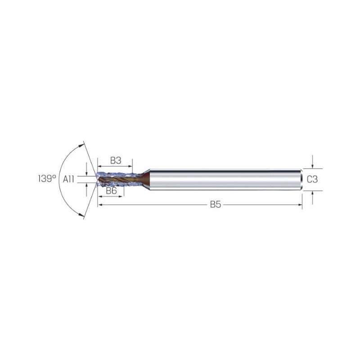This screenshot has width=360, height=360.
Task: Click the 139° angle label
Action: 47,178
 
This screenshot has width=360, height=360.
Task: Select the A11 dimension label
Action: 68,179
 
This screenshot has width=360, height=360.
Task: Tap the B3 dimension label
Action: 116,161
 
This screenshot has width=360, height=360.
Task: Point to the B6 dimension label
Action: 111,190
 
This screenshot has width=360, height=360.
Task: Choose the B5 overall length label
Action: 216,204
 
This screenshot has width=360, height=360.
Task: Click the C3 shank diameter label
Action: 312,179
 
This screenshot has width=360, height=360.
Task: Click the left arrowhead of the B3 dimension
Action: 100,166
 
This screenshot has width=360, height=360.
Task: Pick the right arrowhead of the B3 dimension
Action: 130,166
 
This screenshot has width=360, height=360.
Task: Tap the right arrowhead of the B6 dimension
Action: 121,197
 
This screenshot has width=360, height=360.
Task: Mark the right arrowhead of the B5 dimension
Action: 300,205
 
